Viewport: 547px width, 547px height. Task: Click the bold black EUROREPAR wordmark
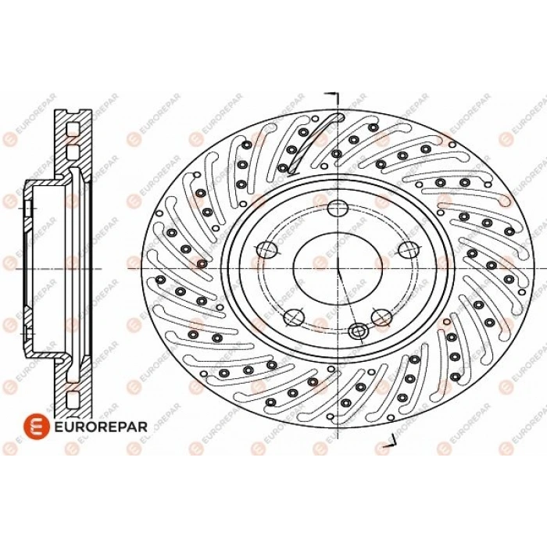101,427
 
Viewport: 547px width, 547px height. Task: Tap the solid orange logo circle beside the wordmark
34,426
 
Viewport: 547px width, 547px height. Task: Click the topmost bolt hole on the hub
338,209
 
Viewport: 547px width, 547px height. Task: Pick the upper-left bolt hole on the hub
267,249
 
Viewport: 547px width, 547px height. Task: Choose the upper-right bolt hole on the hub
409,249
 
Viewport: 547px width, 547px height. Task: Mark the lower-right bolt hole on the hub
381,316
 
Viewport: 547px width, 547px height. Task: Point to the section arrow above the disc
333,96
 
